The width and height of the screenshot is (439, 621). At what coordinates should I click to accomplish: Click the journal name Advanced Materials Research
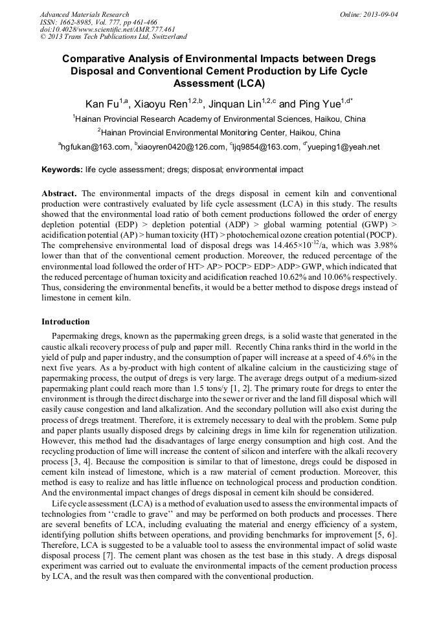click(84, 14)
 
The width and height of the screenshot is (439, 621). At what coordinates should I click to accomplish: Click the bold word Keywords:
click(62, 170)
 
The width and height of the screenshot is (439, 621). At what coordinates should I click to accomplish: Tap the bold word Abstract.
click(60, 194)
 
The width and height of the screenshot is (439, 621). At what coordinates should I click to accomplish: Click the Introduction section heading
click(65, 322)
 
